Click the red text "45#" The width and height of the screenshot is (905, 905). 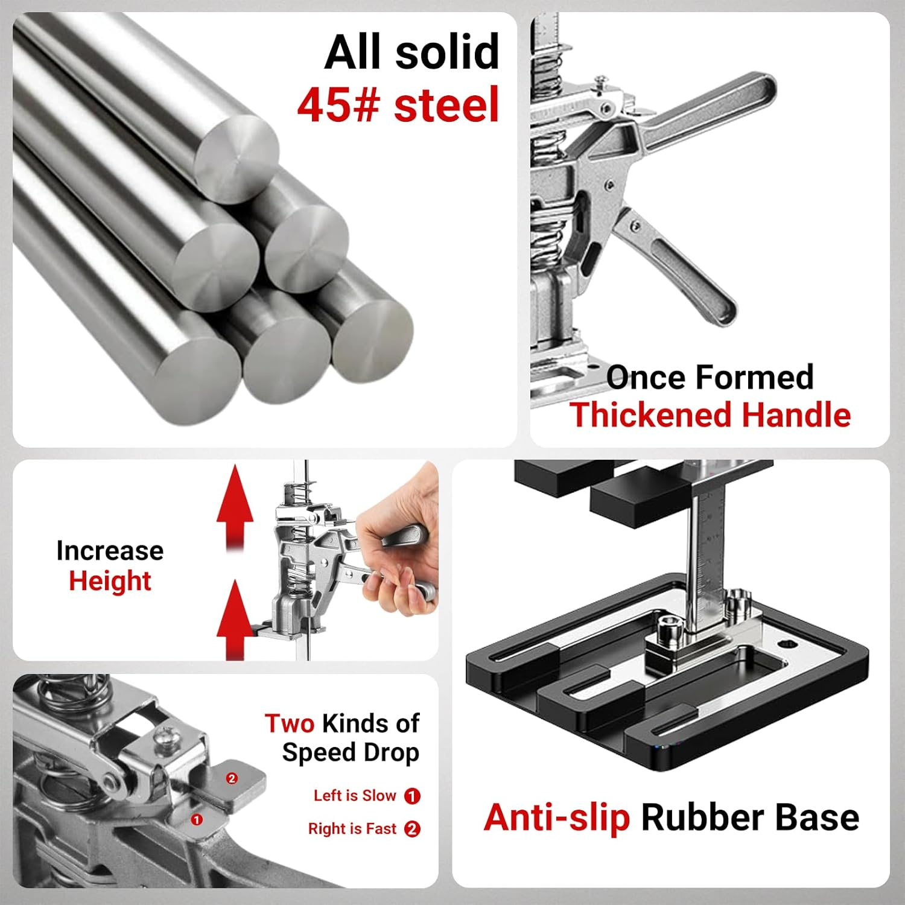(338, 105)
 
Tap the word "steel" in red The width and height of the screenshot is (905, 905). (447, 105)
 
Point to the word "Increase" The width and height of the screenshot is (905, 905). (110, 551)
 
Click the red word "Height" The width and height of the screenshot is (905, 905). (110, 581)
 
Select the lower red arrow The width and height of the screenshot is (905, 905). (235, 620)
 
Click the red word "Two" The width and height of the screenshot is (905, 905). (290, 723)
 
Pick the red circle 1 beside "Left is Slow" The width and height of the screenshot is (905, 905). (412, 796)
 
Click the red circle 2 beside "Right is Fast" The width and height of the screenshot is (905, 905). (412, 829)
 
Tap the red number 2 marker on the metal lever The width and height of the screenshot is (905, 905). (232, 778)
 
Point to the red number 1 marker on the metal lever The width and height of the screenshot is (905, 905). (196, 820)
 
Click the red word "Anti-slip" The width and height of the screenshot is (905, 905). (557, 818)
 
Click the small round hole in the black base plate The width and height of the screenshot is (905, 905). (787, 644)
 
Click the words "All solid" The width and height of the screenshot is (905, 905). (412, 52)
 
